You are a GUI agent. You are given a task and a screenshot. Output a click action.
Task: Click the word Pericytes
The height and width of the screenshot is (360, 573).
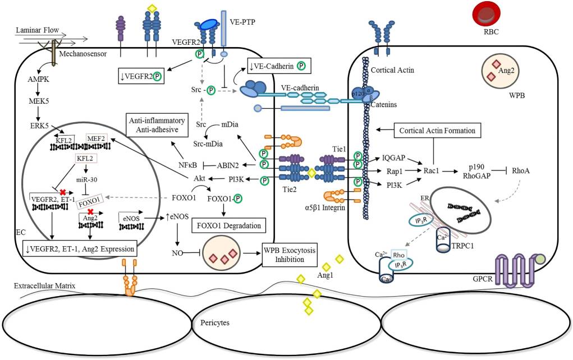point(216,323)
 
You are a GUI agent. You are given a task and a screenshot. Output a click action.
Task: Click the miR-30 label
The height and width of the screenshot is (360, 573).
point(86,178)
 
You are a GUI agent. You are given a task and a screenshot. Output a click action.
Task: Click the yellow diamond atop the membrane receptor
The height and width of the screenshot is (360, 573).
point(151,8)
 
